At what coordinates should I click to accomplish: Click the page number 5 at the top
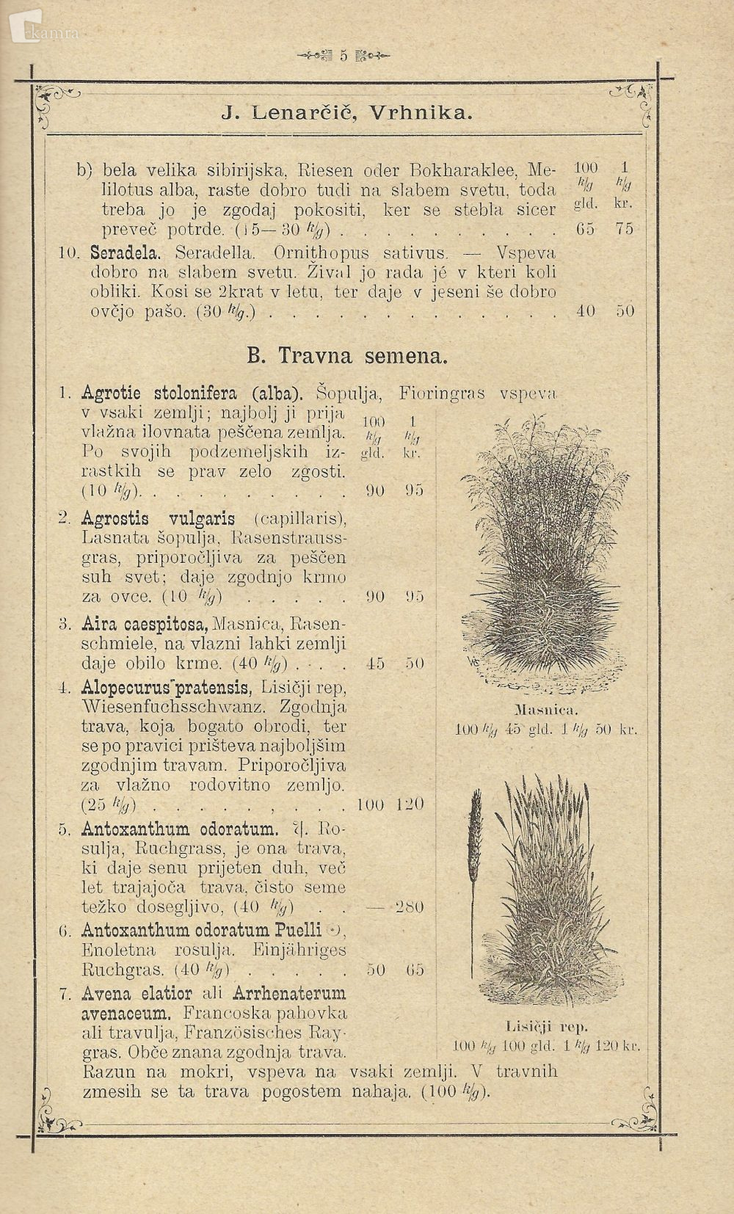pos(343,56)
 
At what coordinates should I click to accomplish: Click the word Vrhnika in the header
pos(421,113)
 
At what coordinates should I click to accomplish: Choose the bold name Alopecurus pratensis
pos(167,688)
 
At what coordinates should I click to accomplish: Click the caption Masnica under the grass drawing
pos(547,710)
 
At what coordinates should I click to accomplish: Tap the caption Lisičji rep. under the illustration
pos(548,1027)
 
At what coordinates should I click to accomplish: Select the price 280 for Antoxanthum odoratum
pos(410,907)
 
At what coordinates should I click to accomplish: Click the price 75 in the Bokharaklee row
pos(625,229)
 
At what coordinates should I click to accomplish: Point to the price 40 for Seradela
pos(585,310)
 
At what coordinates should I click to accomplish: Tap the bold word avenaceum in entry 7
pos(126,1014)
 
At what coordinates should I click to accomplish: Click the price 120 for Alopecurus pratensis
pos(410,804)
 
